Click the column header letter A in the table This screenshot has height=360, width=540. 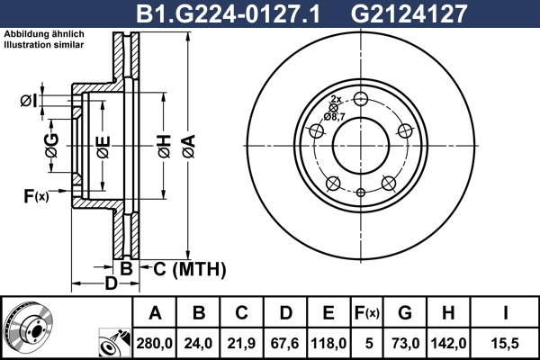pos(155,313)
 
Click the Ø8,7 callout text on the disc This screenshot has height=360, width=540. pos(335,116)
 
